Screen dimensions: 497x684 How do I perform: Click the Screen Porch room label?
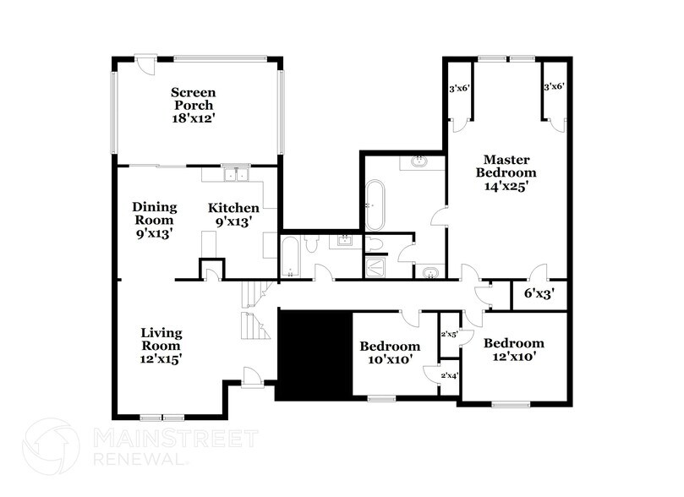(194, 106)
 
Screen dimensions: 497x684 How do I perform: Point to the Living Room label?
(161, 345)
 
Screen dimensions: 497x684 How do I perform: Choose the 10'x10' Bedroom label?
(390, 352)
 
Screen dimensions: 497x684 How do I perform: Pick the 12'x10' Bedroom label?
(513, 349)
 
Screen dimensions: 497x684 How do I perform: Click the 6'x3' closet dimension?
(539, 294)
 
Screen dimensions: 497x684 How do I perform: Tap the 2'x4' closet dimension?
(449, 374)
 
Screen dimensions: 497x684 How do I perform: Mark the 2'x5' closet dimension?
(449, 334)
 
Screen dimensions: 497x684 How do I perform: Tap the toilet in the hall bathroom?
(309, 244)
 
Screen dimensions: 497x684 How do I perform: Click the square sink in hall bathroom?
(344, 242)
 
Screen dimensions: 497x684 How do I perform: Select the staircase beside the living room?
(254, 309)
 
